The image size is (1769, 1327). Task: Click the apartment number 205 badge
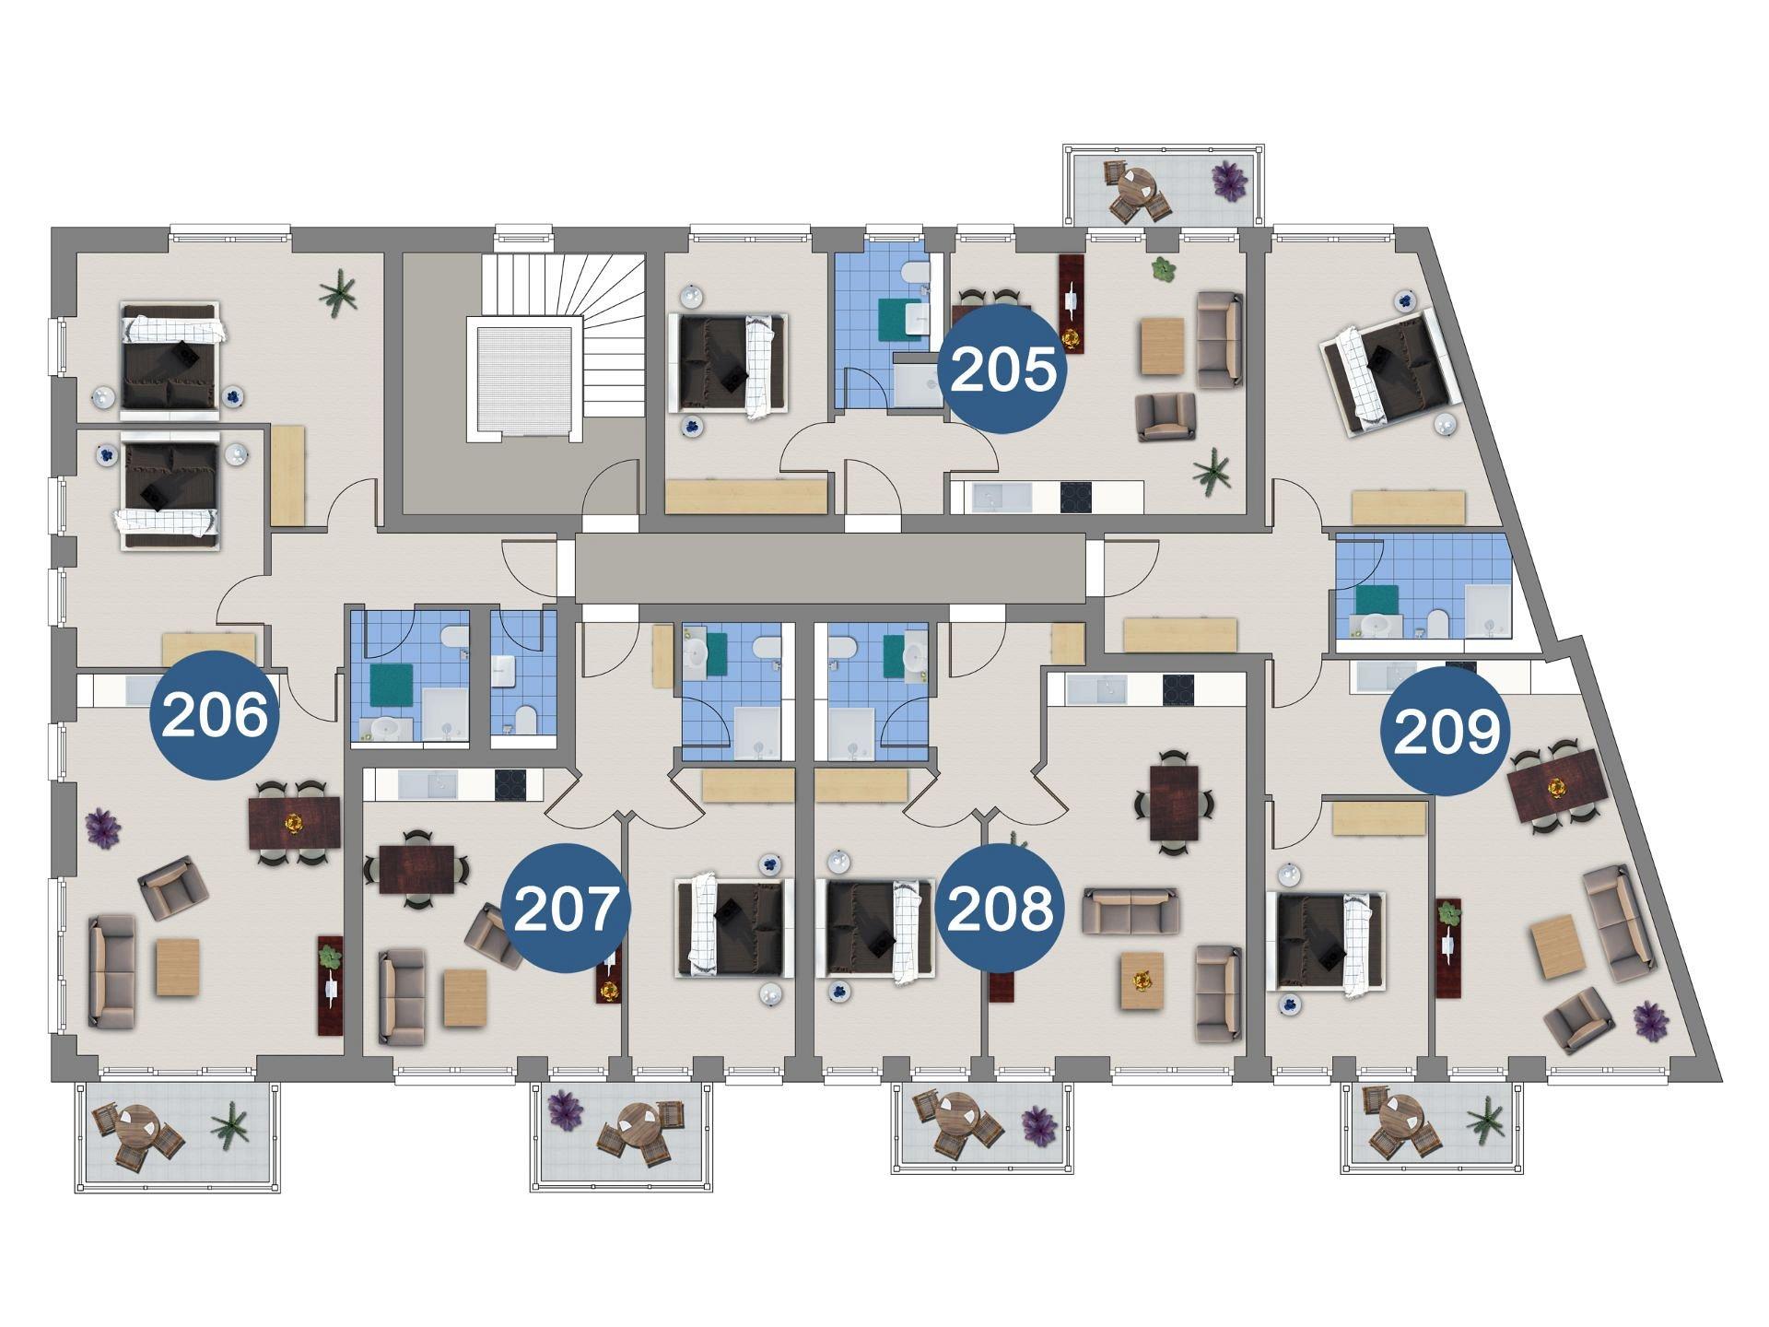tap(1002, 370)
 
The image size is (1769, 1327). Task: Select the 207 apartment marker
tap(566, 909)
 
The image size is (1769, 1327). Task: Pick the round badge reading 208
tap(1000, 909)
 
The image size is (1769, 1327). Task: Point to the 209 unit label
tap(1446, 732)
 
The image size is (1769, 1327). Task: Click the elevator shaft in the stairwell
tap(525, 379)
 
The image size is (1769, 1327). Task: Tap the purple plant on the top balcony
tap(1228, 181)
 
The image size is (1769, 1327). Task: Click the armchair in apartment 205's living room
tap(1166, 417)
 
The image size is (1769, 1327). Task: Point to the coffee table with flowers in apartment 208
tap(1142, 981)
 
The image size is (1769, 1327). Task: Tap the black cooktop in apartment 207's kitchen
tap(510, 784)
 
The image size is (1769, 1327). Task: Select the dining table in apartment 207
tap(416, 869)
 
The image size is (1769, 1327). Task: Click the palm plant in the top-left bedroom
tap(338, 294)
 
